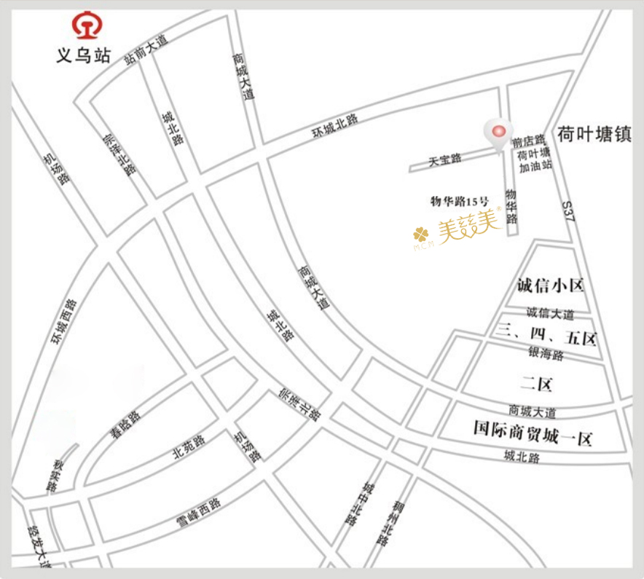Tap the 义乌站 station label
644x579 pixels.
(x=84, y=55)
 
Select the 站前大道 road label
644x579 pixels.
(x=146, y=50)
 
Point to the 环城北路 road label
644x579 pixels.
(x=335, y=127)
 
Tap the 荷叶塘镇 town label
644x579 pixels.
(x=594, y=135)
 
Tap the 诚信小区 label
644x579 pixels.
(x=551, y=285)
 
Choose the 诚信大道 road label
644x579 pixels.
(x=550, y=314)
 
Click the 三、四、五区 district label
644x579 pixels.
(x=546, y=339)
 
